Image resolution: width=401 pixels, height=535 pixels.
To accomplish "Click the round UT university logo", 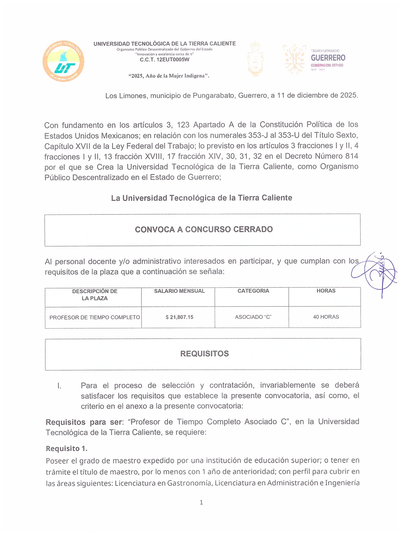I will click(x=63, y=61).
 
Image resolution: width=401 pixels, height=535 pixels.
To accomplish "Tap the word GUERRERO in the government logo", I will click(x=328, y=58).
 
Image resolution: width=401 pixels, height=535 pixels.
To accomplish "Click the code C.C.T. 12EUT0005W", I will click(x=164, y=60).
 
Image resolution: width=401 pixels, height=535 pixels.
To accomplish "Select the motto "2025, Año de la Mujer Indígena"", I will click(x=169, y=76).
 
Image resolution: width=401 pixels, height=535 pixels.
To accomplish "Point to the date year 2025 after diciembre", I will click(x=348, y=95).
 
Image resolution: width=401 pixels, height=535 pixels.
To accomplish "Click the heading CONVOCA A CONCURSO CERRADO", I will click(x=204, y=229).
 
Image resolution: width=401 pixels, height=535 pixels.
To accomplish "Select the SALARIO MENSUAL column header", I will click(x=179, y=291).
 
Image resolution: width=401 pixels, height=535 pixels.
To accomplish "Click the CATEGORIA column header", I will click(x=253, y=291).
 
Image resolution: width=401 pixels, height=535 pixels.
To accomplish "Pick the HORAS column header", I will click(x=326, y=291).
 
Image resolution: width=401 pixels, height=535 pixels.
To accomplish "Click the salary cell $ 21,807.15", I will click(x=179, y=317).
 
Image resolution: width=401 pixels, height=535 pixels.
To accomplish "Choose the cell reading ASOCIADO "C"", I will click(x=253, y=317).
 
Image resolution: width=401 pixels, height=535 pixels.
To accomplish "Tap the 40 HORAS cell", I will click(x=326, y=317).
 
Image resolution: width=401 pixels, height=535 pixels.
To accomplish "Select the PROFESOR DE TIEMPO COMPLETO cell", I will click(x=95, y=318).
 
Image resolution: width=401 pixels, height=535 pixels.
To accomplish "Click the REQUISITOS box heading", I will click(x=204, y=354).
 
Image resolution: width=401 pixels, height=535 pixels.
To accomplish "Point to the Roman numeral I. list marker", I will click(x=59, y=386).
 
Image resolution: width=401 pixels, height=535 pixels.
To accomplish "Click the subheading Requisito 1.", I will click(x=66, y=448).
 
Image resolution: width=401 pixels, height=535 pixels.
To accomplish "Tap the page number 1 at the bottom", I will click(x=201, y=502).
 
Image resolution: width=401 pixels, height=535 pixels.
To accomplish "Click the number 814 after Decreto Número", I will click(x=351, y=156).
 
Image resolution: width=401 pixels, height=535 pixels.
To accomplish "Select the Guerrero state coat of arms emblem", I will click(x=255, y=58).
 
